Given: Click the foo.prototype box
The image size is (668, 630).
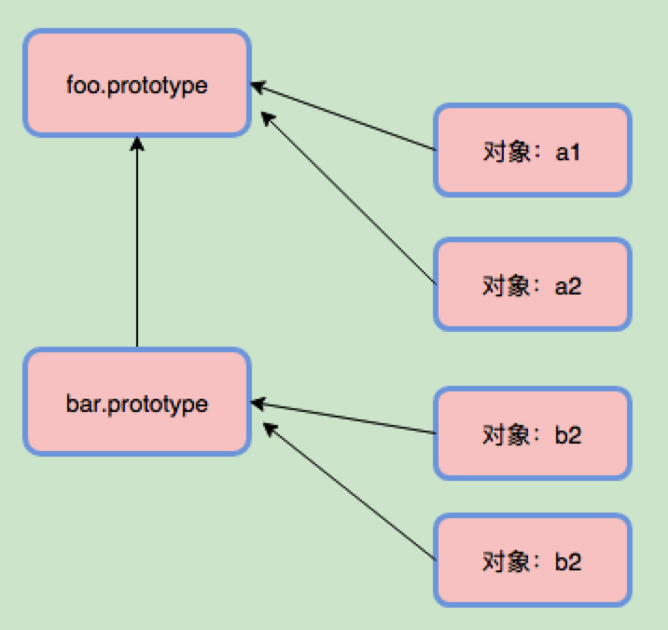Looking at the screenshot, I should (x=137, y=83).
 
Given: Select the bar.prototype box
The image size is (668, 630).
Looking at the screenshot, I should (x=137, y=403).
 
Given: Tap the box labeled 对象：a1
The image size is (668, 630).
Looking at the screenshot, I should (x=532, y=151).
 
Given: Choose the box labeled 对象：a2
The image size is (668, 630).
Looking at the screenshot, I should (x=532, y=284).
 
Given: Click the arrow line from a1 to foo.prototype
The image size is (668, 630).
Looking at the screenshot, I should (x=345, y=117).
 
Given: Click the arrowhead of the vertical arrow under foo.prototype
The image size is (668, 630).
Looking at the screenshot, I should (x=137, y=144).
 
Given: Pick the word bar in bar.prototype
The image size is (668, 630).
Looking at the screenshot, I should (x=81, y=404).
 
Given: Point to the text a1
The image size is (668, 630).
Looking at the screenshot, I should (x=568, y=152).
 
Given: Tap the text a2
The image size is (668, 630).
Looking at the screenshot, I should (x=568, y=285).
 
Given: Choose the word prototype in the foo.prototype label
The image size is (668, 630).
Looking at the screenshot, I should (x=157, y=86).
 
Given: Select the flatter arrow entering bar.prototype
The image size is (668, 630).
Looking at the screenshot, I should (x=345, y=418).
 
